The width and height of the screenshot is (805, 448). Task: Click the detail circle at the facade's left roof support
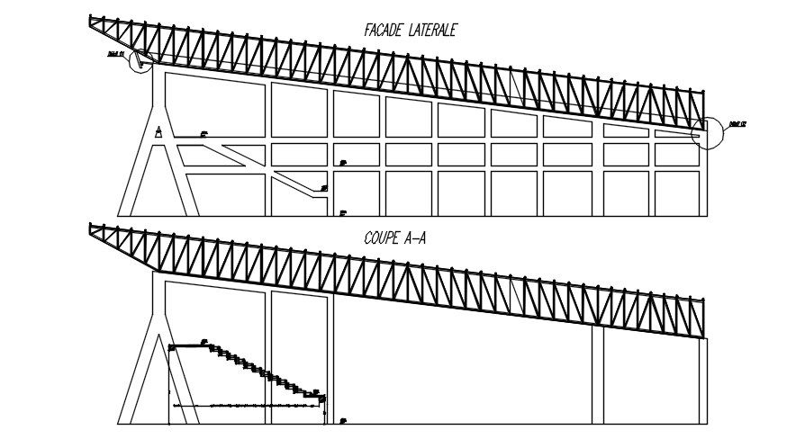point(141,60)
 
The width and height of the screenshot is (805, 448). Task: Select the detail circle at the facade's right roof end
point(707,132)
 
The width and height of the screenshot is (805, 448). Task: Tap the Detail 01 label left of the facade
point(113,54)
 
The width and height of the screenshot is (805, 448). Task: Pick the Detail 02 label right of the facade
point(738,125)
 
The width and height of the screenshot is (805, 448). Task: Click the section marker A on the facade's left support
point(158,131)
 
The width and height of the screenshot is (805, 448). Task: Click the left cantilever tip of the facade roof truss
point(91,19)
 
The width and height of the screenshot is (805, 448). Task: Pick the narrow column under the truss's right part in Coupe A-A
point(598,373)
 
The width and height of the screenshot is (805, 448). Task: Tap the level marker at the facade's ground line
point(343,213)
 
